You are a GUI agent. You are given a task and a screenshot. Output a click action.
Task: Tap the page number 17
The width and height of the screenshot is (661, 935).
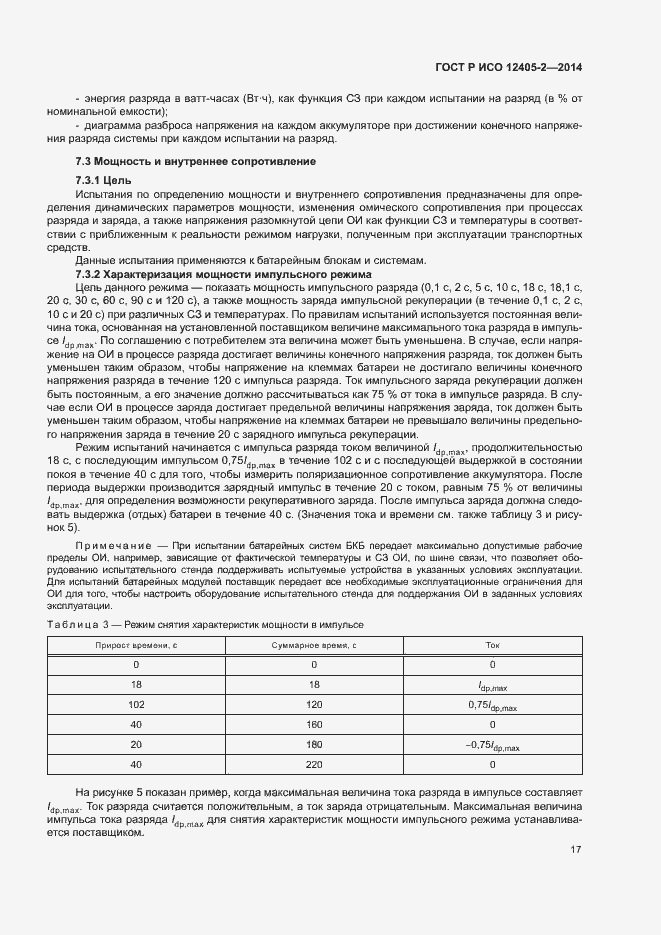click(576, 849)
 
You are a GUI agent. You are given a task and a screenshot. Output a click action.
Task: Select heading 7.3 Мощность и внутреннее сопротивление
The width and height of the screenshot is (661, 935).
click(197, 161)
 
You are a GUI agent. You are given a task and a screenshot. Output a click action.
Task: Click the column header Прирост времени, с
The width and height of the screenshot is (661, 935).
click(136, 645)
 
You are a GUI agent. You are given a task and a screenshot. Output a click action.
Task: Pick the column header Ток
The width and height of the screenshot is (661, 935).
click(492, 645)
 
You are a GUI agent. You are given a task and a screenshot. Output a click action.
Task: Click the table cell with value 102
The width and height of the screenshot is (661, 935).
click(136, 704)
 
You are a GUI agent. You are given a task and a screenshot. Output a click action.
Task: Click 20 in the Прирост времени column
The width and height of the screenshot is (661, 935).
click(136, 746)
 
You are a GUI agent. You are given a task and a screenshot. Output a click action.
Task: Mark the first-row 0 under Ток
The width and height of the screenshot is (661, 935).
click(492, 664)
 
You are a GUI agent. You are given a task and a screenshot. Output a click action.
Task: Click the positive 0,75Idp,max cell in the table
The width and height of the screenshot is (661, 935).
click(492, 705)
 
